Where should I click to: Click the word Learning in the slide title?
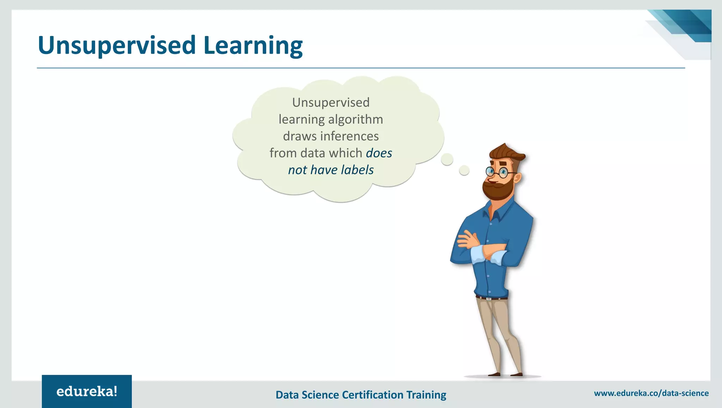[x=253, y=46]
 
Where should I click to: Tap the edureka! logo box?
[x=87, y=391]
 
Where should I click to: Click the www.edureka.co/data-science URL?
[x=651, y=393]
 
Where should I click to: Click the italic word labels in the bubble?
[x=357, y=170]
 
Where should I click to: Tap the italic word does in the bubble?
[x=379, y=153]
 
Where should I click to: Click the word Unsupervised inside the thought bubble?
[x=331, y=103]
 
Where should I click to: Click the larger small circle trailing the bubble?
[x=447, y=159]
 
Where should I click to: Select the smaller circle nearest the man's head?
[x=464, y=171]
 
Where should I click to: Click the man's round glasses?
[x=497, y=172]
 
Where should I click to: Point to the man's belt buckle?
[x=489, y=299]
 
